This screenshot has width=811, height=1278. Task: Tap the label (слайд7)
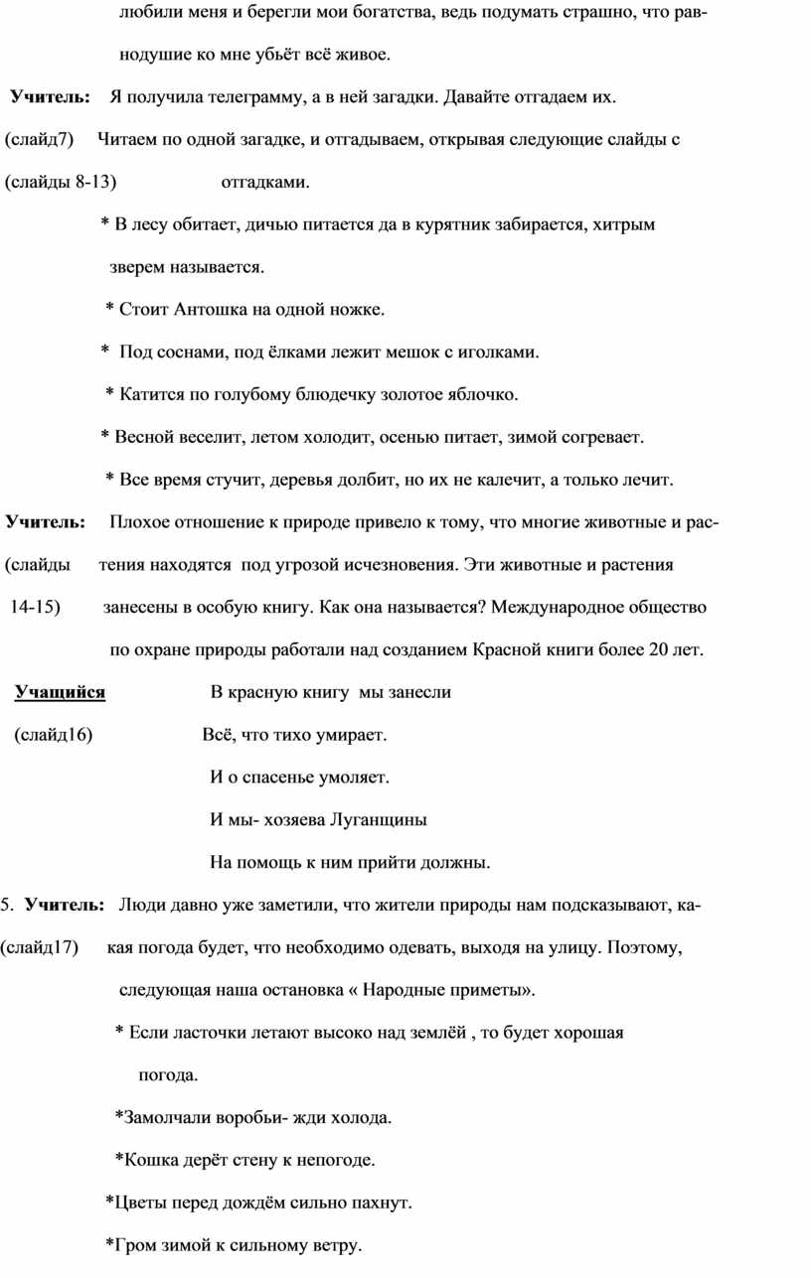coord(40,140)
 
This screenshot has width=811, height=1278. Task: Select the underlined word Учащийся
coord(60,693)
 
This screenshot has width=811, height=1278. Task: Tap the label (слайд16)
coord(53,736)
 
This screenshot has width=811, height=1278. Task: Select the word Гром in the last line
coord(132,1246)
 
